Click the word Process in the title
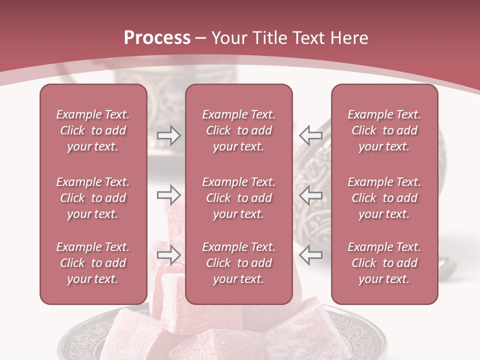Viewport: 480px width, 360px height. coord(157,38)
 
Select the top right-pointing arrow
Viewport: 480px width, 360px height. coord(168,135)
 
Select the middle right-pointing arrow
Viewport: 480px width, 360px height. coord(168,194)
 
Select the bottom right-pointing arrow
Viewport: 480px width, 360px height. coord(168,254)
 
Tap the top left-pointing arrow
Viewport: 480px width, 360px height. coord(310,135)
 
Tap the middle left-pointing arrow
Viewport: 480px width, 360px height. coord(310,194)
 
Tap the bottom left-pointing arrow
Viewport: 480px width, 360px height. coord(310,254)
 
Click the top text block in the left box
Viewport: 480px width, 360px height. coord(93,130)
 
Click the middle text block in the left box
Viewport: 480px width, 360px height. coord(93,198)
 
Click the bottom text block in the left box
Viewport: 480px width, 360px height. coord(93,263)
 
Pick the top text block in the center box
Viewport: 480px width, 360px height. coord(238,130)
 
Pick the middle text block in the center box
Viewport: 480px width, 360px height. coord(238,198)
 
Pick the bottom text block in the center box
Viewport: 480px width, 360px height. coord(238,263)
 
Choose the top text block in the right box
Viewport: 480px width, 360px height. coord(384,130)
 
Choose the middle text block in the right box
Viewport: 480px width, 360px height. coord(384,198)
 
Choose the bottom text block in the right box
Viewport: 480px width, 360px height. coord(384,263)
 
